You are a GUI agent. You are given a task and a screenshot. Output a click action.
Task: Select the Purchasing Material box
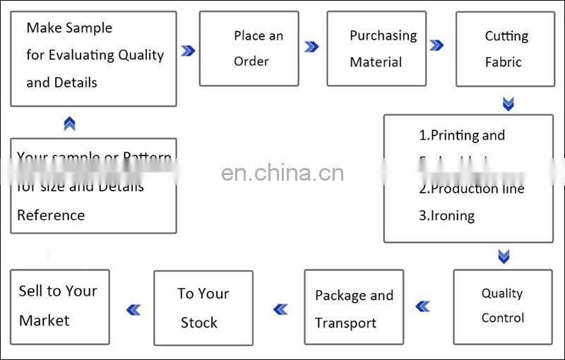[x=376, y=48]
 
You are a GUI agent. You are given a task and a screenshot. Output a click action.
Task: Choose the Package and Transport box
[x=354, y=308]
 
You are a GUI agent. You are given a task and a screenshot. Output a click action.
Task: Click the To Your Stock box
[x=203, y=308]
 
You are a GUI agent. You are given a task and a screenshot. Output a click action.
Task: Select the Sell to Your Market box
[x=59, y=306]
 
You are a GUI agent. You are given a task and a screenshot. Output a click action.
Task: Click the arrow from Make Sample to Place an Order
[x=188, y=50]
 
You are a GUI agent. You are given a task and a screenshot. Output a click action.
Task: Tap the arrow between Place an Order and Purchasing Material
[x=311, y=47]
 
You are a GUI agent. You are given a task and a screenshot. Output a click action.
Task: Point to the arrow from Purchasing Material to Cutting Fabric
[x=436, y=46]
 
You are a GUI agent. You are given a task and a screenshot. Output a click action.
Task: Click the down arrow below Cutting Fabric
[x=508, y=104]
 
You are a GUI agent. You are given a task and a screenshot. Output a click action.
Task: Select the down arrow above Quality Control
[x=504, y=256]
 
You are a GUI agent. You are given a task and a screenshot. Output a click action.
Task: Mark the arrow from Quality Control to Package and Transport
[x=422, y=306]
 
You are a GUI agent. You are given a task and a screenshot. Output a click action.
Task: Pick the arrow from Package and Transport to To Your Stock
[x=280, y=308]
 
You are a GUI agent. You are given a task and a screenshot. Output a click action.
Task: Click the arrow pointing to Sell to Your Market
[x=133, y=309]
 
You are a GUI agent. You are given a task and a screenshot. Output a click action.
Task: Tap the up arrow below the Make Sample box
[x=69, y=124]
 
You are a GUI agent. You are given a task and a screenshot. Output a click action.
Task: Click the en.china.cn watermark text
[x=282, y=172]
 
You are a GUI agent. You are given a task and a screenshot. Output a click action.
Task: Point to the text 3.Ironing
[x=447, y=215]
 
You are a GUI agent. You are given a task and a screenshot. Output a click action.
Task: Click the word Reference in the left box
[x=51, y=215]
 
